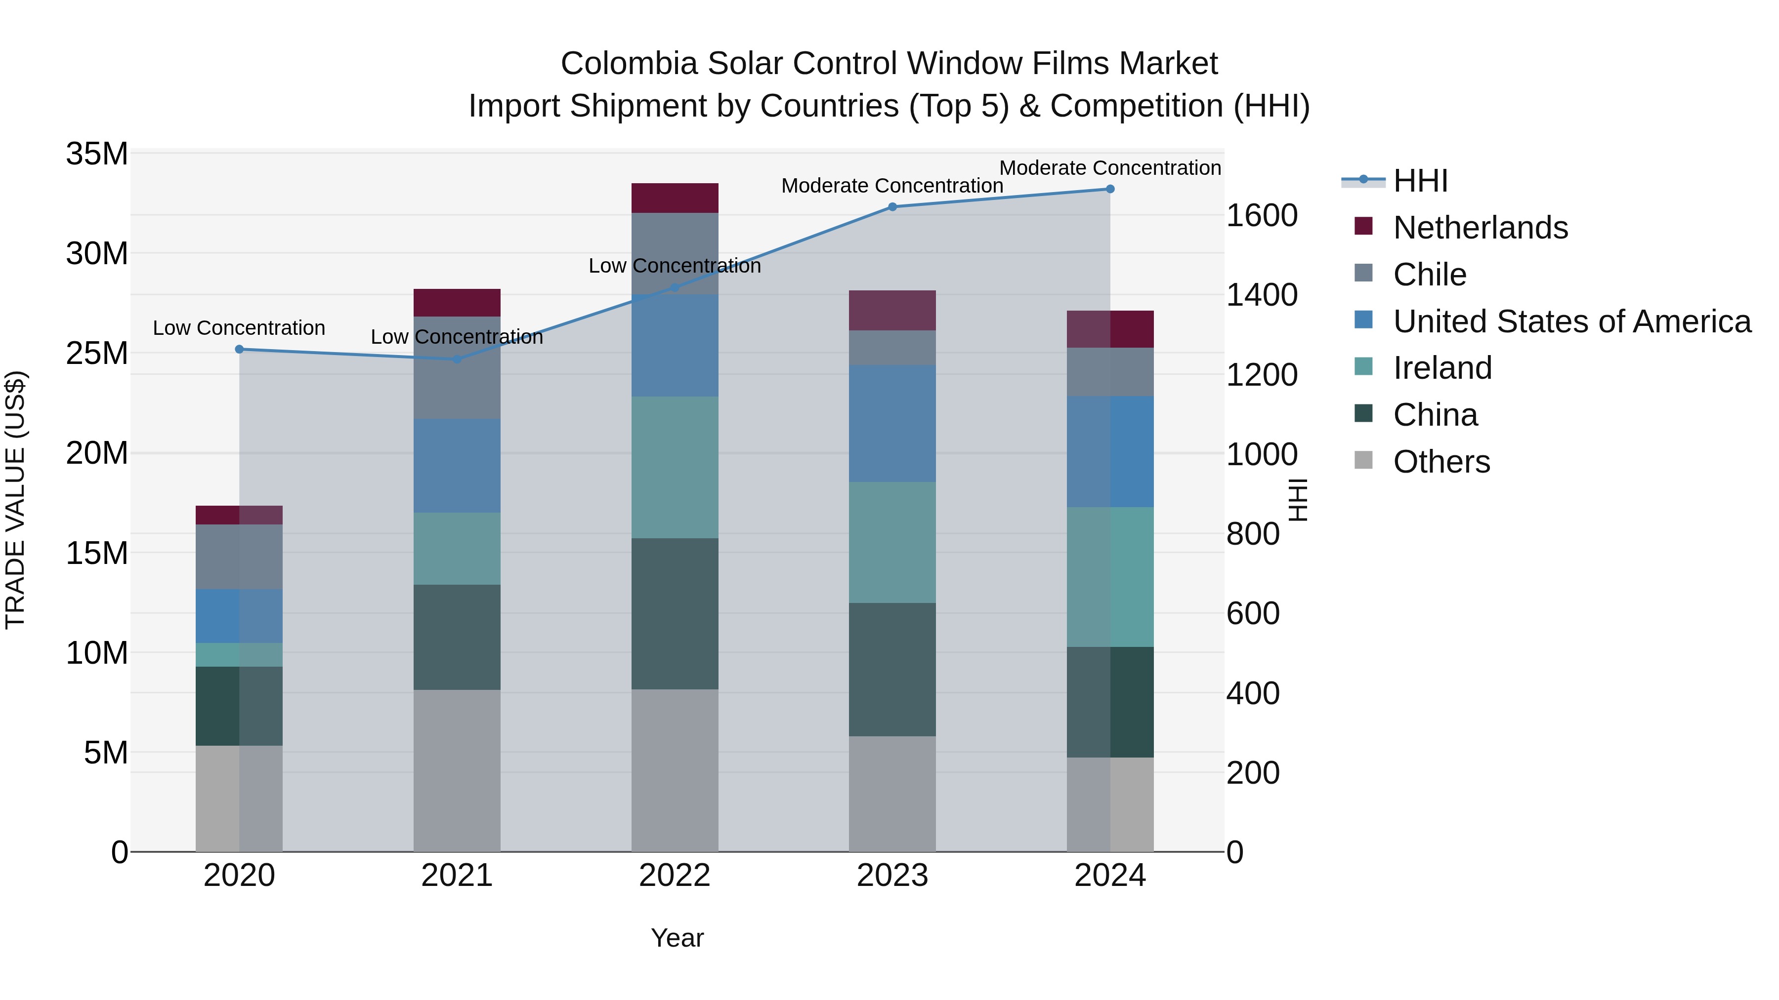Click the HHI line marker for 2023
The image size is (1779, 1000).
tap(892, 207)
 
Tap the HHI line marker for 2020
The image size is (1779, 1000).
tap(240, 349)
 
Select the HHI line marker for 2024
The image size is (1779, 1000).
tap(1110, 189)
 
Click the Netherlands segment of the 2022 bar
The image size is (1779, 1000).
tap(675, 198)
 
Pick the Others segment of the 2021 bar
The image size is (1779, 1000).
tap(457, 770)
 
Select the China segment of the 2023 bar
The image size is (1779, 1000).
tap(892, 670)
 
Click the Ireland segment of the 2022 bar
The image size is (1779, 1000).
tap(675, 467)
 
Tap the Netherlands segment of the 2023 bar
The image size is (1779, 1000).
tap(892, 311)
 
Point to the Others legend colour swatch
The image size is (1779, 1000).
tap(1363, 460)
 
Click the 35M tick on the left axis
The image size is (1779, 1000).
tap(97, 154)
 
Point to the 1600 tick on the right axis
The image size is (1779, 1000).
tap(1261, 216)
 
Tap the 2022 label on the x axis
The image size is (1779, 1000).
tap(675, 876)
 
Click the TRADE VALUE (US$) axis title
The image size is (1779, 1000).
tap(16, 500)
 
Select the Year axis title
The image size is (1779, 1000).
tap(677, 938)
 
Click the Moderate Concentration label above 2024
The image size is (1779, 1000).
tap(1110, 168)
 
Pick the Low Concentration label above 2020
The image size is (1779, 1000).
tap(239, 328)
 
